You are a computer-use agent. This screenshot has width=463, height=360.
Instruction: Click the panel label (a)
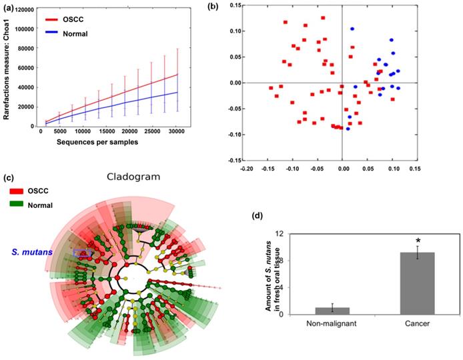tap(10, 7)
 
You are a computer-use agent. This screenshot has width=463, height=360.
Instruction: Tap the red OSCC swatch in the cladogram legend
tap(16, 191)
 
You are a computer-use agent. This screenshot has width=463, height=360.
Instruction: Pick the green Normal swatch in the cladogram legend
tap(16, 205)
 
